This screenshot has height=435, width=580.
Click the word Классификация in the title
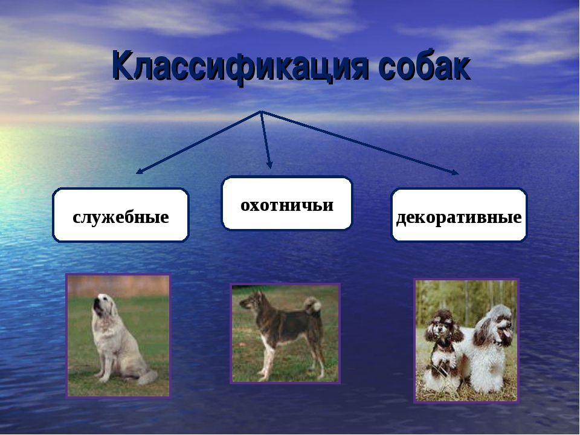tap(240, 66)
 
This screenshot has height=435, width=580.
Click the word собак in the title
tap(425, 65)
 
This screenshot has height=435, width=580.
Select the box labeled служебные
tap(121, 215)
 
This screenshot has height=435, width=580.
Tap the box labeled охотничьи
tap(286, 203)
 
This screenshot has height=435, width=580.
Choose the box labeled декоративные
tap(459, 215)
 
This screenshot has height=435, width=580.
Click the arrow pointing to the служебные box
tap(199, 142)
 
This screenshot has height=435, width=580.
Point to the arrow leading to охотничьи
tap(266, 140)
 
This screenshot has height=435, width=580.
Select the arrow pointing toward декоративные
tap(359, 143)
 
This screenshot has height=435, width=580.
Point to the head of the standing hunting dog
tap(253, 300)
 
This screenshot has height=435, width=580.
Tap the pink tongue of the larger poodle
tap(506, 333)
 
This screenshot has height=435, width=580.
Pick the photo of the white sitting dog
tap(118, 336)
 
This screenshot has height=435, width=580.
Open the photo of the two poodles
tap(466, 341)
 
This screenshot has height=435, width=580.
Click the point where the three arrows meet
tap(261, 111)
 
